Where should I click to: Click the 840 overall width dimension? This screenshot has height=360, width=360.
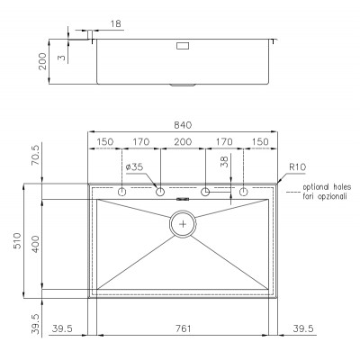coord(183,125)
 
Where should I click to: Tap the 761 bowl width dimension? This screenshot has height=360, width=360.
coord(183,328)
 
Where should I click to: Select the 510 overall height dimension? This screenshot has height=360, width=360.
coord(18,240)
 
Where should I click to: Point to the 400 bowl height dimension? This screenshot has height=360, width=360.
coord(35,244)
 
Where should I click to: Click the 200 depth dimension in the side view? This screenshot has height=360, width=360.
coord(42,61)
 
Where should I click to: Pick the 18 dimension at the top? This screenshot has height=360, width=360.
coord(116,23)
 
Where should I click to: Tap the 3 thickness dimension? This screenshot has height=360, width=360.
coord(61,58)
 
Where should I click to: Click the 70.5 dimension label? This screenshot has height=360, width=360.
coord(36,155)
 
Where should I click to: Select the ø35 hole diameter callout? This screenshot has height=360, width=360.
coord(135,166)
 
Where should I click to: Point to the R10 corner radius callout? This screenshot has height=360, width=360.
coord(297,167)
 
